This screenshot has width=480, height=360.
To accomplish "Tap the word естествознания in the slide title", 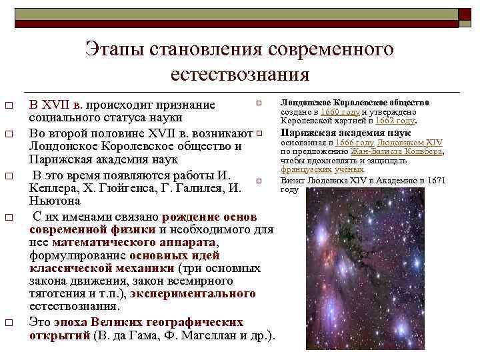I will point(240,74).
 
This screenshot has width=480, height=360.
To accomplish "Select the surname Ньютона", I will point(55,200).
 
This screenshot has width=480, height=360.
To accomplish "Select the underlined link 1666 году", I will point(355,143).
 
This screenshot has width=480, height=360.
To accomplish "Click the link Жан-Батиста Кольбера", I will point(397,151).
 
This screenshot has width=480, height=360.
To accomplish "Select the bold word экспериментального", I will point(193,293).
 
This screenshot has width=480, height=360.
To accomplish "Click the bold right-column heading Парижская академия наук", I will point(345,133).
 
